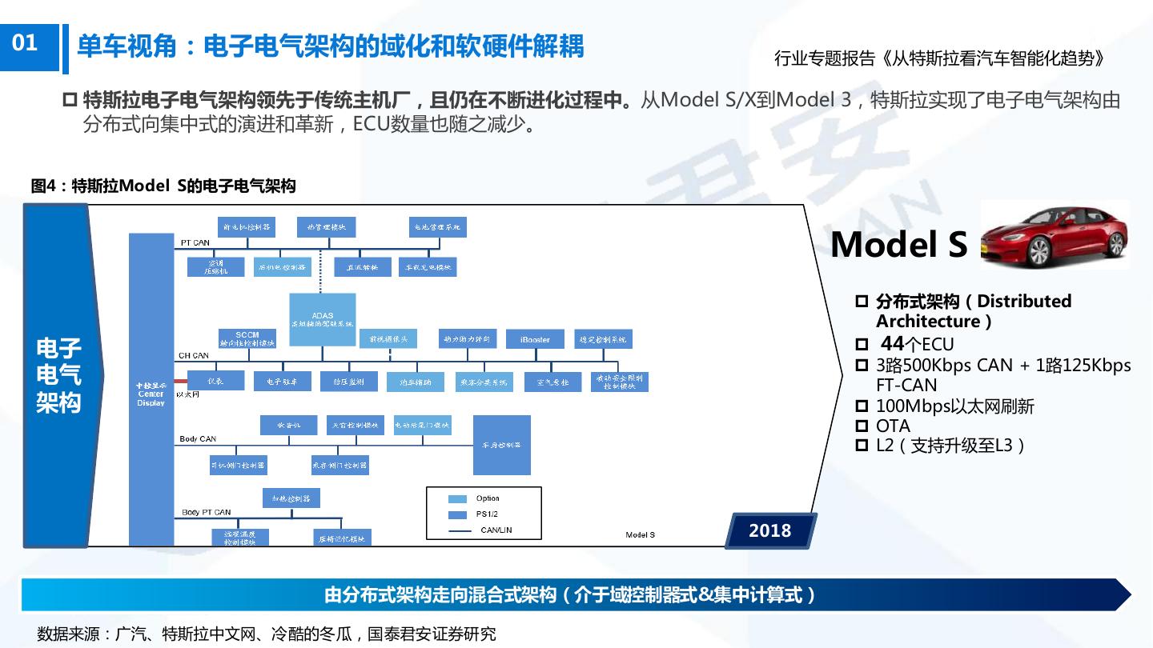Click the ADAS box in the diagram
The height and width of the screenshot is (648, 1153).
[x=322, y=318]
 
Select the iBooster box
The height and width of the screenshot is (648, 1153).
[x=535, y=339]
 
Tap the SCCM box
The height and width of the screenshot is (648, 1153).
[x=247, y=338]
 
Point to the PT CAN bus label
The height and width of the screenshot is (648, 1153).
[x=195, y=242]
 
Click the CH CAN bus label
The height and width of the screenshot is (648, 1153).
[x=193, y=355]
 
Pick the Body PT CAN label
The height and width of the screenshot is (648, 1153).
[x=206, y=512]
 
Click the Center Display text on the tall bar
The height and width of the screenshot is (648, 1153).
[x=151, y=394]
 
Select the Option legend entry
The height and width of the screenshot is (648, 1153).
[x=487, y=498]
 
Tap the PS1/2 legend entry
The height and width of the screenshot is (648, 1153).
[x=487, y=514]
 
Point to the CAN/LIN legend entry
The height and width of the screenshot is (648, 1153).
[x=496, y=530]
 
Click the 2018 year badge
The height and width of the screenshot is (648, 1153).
[x=769, y=530]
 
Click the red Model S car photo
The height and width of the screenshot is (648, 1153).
[x=1054, y=234]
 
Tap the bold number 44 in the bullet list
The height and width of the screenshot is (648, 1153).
[x=892, y=345]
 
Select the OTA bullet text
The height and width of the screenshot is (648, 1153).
[x=893, y=426]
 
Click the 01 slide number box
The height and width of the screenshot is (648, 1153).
[x=26, y=43]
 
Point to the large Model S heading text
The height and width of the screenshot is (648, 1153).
[x=899, y=244]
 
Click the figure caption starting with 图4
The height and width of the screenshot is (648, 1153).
[x=163, y=186]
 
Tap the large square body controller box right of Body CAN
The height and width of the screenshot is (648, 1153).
[x=502, y=445]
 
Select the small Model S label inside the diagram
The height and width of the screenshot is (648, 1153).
[x=640, y=534]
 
